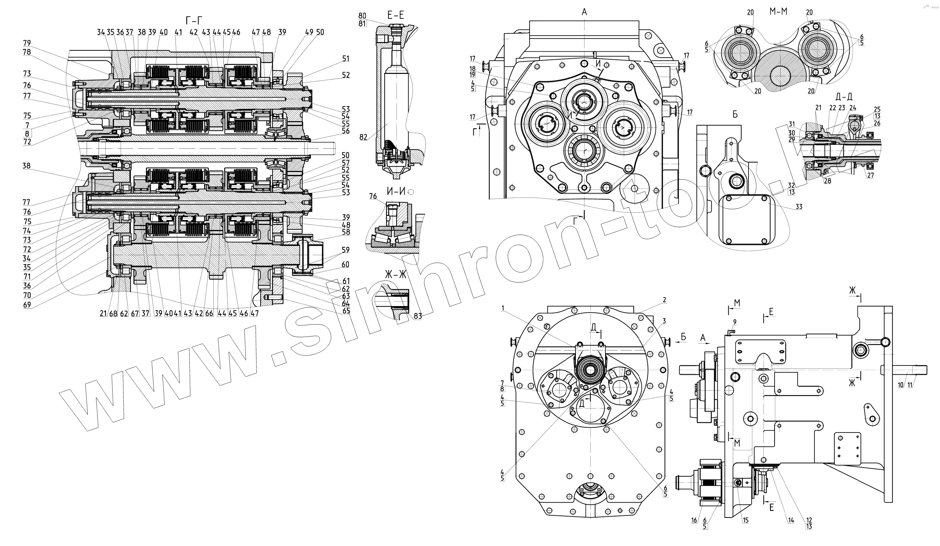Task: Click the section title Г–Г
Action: point(194,20)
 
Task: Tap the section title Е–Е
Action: point(396,15)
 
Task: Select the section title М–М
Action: point(778,11)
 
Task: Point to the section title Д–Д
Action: point(844,97)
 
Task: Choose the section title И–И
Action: point(396,192)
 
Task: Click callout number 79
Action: point(27,43)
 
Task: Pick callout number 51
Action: point(346,59)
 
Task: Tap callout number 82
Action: point(363,137)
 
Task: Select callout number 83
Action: point(418,316)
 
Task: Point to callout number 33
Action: point(799,207)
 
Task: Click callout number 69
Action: point(27,305)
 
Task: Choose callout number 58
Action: point(346,232)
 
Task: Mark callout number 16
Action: point(694,520)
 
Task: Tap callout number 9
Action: point(735,322)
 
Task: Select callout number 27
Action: point(870,176)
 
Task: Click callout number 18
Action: point(473,69)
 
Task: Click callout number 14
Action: point(791,520)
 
